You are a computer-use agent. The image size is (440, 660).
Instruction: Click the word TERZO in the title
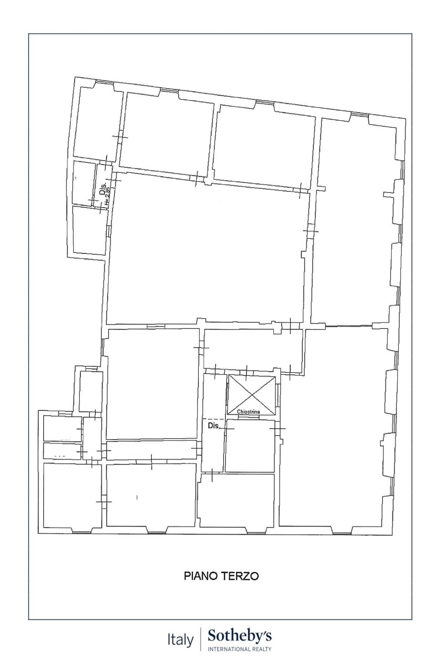point(240,576)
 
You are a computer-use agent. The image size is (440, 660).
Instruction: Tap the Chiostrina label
point(248,412)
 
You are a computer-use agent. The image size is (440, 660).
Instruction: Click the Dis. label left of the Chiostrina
point(213,426)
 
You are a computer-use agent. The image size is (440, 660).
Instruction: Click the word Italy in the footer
point(180,640)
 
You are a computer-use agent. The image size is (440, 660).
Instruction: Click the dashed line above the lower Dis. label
point(214,419)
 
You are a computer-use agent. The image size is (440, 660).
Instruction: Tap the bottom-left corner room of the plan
point(72,495)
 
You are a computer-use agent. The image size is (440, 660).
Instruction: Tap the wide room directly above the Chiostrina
point(253,348)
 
